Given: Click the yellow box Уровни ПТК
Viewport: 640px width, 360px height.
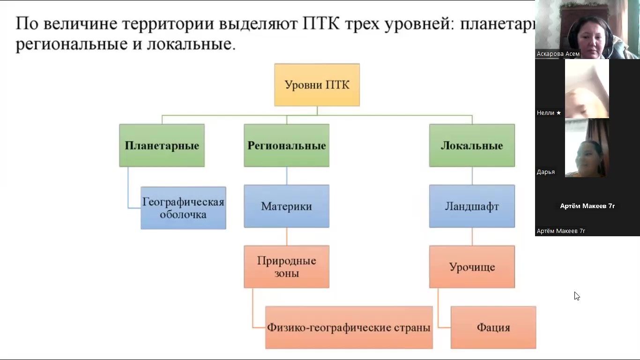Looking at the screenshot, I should (x=317, y=85).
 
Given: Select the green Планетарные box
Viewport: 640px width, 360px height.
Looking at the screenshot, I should (x=162, y=145).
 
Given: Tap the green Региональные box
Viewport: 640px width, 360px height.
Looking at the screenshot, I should (x=286, y=145).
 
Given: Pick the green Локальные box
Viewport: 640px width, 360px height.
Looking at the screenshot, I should (x=472, y=145).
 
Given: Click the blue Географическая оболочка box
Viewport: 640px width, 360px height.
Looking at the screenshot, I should (x=183, y=208).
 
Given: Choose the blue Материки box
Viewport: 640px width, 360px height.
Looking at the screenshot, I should (x=286, y=206).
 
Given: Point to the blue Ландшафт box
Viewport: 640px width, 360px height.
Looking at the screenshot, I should (x=472, y=206).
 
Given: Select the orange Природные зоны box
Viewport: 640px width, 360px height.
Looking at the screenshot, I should (x=286, y=267).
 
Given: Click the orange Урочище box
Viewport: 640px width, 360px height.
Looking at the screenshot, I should (x=472, y=267).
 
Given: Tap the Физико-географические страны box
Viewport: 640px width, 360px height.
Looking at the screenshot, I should (x=349, y=327).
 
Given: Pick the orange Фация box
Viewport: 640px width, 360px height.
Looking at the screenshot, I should (x=493, y=327).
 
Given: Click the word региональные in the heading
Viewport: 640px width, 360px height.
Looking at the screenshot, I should (x=71, y=44).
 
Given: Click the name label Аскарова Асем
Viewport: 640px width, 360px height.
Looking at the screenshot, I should (x=558, y=54).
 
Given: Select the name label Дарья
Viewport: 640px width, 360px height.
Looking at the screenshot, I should (x=546, y=172).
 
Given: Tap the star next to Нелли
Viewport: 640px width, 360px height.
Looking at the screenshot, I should (x=558, y=113).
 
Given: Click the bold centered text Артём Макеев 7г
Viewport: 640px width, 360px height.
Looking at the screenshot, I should (x=588, y=206).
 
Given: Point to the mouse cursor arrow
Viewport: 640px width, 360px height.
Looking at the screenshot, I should (x=576, y=295).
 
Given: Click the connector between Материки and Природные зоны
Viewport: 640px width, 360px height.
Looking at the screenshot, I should (x=287, y=237).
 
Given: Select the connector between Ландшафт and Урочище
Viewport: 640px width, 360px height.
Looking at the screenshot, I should (x=472, y=237).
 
